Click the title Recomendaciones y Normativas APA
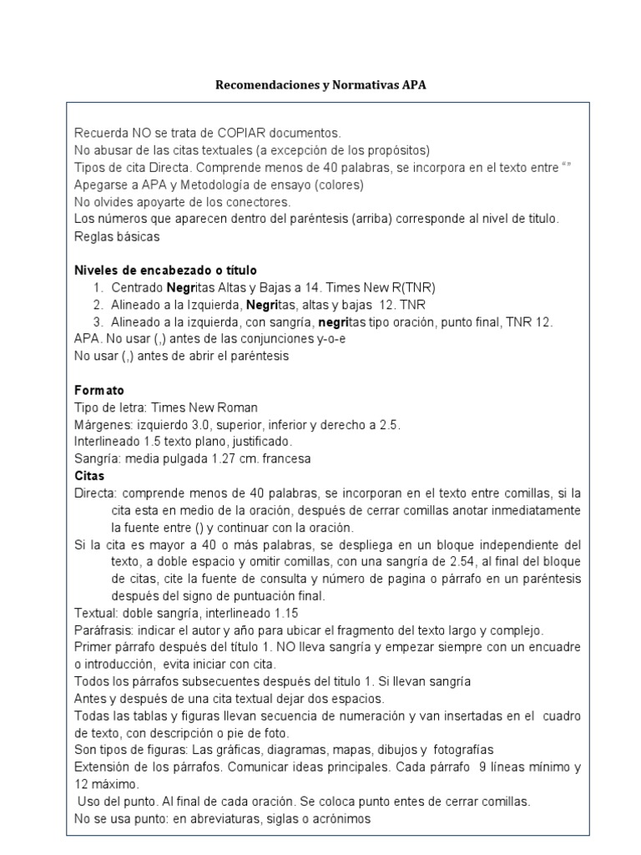[x=321, y=85]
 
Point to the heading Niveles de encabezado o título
[x=165, y=271]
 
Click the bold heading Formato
[x=99, y=390]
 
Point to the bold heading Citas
[x=90, y=476]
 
